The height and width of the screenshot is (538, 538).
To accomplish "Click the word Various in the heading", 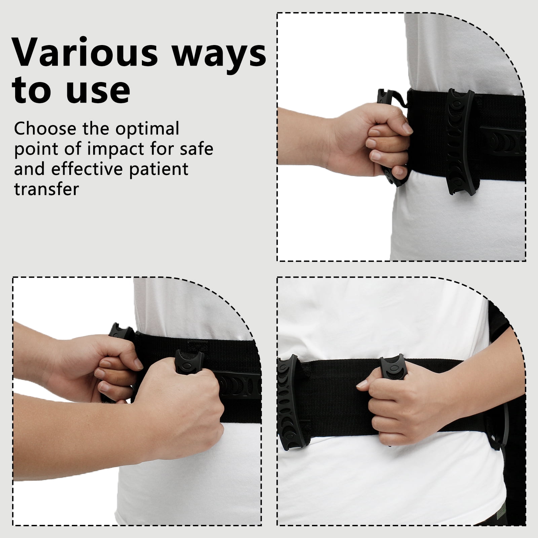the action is point(85,52).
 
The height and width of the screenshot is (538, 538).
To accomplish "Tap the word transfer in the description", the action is point(46,189).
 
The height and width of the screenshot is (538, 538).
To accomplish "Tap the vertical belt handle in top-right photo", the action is point(459,141).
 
